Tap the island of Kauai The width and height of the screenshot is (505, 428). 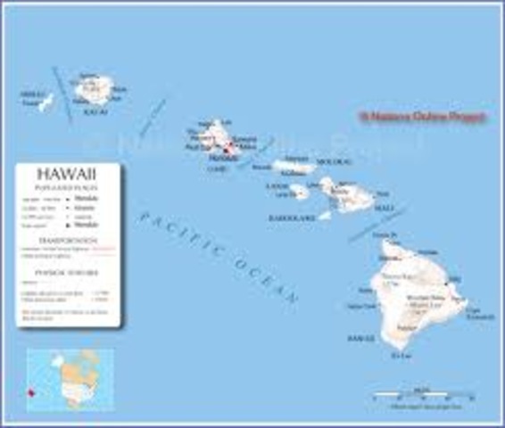(x=93, y=88)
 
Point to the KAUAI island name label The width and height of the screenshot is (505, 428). (x=93, y=112)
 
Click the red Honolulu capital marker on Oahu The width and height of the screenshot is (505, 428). (x=227, y=151)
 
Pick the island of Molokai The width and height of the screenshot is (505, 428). (x=294, y=166)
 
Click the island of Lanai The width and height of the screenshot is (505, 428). (x=299, y=191)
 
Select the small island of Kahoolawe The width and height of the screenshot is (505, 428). (x=327, y=214)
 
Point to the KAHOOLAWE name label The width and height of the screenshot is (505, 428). (x=293, y=217)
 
